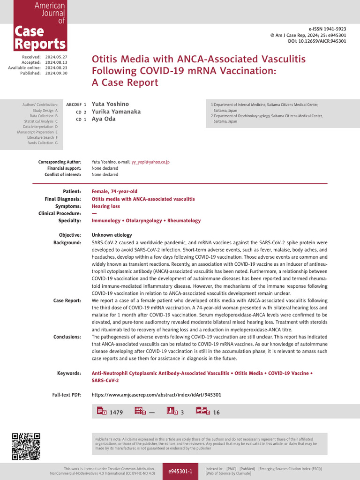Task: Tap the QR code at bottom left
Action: [26, 447]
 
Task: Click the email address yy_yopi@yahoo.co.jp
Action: [150, 162]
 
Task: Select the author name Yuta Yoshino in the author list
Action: [110, 104]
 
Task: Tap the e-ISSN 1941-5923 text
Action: [327, 29]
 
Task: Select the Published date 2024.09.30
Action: [57, 73]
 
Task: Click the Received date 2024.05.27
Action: [57, 57]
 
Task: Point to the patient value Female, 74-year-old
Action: [114, 192]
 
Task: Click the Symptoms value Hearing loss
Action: [105, 206]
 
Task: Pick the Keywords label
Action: [69, 374]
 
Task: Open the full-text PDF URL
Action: [156, 395]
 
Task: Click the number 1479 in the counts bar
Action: [116, 412]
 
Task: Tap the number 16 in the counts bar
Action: [216, 412]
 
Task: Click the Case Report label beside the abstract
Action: [67, 300]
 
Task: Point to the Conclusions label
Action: [67, 337]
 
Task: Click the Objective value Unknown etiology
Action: [112, 235]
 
